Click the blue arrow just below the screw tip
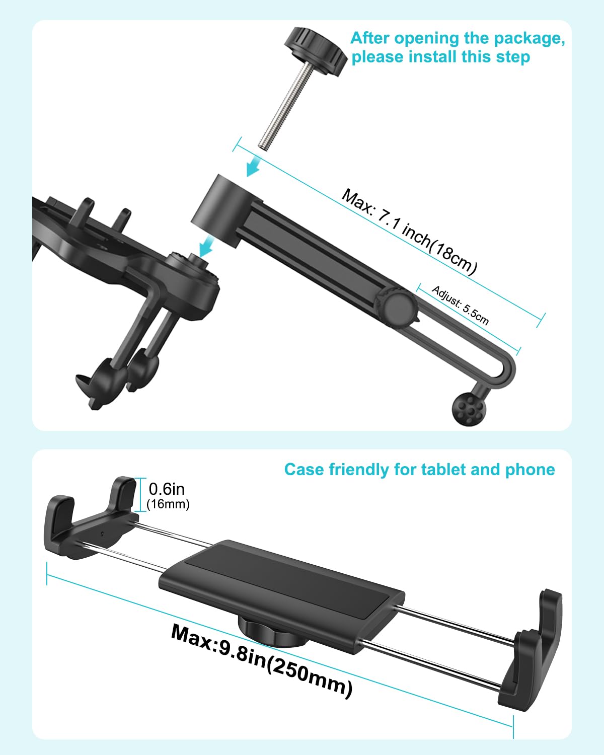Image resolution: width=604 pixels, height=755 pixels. (x=253, y=166)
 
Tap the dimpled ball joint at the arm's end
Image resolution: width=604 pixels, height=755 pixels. (x=469, y=408)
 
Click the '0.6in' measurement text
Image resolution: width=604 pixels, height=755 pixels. (x=167, y=489)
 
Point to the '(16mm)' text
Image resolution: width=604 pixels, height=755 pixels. (x=168, y=504)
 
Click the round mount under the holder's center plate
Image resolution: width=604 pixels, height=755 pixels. (x=272, y=629)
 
